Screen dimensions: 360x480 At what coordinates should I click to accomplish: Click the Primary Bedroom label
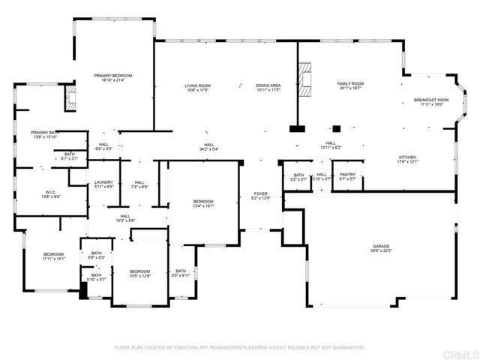pos(112,76)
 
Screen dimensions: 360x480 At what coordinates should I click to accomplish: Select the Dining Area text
pos(268,86)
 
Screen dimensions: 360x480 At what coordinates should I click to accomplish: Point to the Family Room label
pos(349,84)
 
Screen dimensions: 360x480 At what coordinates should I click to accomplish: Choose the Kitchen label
pos(407,157)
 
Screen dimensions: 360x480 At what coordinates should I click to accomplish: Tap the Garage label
pos(382,245)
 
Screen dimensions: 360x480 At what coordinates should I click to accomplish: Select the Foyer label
pos(259,193)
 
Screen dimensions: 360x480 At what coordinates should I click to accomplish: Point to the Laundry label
pos(103,183)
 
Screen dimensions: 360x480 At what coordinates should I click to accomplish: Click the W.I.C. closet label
pos(51,191)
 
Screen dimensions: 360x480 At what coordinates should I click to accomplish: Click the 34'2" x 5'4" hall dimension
pos(209,149)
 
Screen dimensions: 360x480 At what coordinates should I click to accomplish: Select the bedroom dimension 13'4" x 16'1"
pos(203,206)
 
